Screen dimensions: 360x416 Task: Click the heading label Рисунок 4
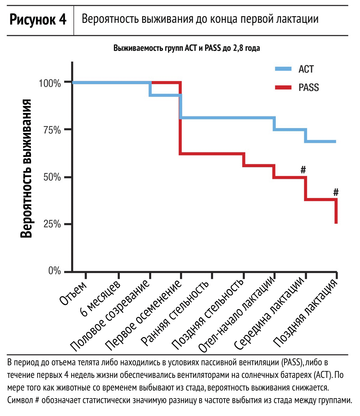pyautogui.click(x=38, y=20)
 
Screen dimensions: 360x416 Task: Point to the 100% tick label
pyautogui.click(x=50, y=83)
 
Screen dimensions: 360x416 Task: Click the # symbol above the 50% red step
pyautogui.click(x=303, y=170)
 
